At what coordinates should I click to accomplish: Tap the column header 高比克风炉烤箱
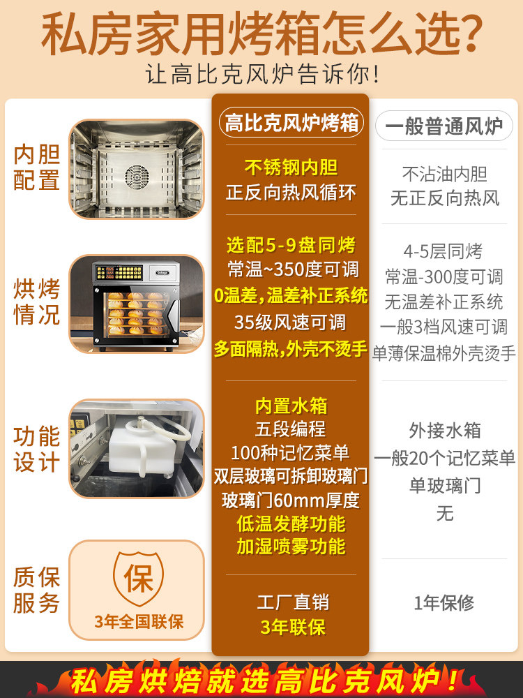(x=291, y=124)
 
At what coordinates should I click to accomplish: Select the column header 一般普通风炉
(x=444, y=126)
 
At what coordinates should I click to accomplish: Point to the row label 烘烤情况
(x=37, y=302)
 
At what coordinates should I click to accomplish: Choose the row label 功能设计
(x=37, y=449)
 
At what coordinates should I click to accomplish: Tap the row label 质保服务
(x=37, y=590)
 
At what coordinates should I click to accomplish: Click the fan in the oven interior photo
(x=137, y=174)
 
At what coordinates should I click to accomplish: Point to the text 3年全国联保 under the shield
(x=139, y=621)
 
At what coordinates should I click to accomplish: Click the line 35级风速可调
(x=291, y=322)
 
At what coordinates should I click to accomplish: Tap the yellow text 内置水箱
(x=291, y=406)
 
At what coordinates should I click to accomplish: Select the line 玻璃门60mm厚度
(x=291, y=500)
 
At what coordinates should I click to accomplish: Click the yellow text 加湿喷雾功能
(x=291, y=547)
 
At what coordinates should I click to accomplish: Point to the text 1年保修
(x=444, y=602)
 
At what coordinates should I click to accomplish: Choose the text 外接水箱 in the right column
(x=444, y=430)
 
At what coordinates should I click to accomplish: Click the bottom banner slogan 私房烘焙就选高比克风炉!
(x=261, y=679)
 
